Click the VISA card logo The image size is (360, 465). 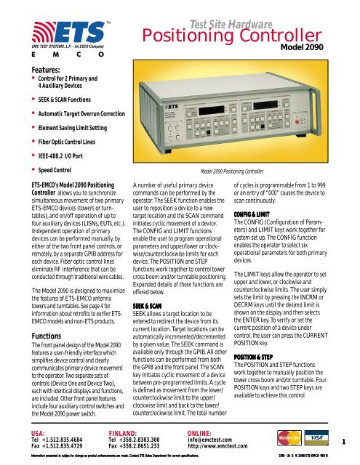[314, 440]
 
